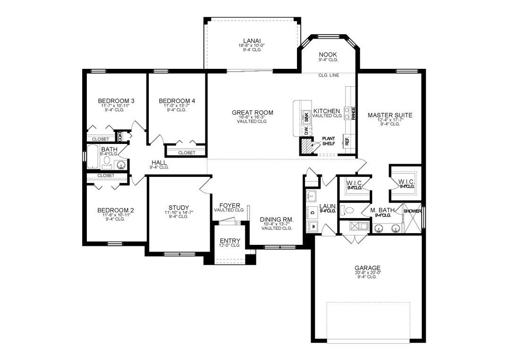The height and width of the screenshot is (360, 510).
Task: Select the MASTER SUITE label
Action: pos(390,115)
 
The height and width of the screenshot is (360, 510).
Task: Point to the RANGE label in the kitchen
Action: pos(353,113)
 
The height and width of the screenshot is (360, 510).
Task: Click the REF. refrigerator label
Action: pos(347,141)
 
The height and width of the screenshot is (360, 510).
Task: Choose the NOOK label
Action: pos(328,55)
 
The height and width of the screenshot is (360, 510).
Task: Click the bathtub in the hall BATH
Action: pos(93,158)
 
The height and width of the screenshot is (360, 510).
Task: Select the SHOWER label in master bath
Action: pos(412,211)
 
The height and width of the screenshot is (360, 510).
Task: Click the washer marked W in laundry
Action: pos(313,227)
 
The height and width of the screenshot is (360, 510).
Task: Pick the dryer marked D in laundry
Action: pos(313,212)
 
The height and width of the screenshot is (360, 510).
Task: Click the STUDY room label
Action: pos(178,208)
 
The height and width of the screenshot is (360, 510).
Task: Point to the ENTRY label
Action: pos(229,241)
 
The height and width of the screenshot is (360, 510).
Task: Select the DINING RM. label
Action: pos(277,220)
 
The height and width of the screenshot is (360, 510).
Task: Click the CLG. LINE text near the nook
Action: pos(328,75)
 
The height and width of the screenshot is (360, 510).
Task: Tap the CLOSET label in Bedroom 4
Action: pos(187,152)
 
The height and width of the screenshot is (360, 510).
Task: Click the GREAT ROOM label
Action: pos(252,112)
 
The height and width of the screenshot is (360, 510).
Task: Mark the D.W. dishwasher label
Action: pos(306,133)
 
